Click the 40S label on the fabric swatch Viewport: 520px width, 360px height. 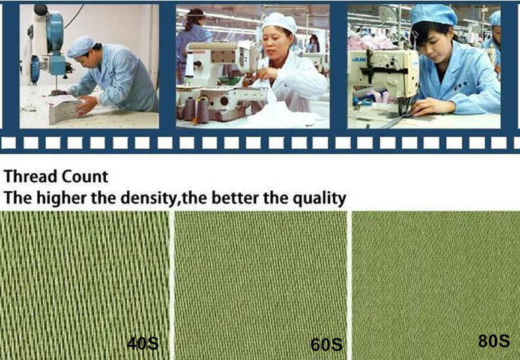[x=142, y=343]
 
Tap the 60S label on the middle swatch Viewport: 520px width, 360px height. [x=326, y=345]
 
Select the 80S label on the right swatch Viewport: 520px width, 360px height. [x=494, y=341]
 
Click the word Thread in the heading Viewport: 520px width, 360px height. [x=31, y=176]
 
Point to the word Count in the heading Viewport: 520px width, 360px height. [x=85, y=176]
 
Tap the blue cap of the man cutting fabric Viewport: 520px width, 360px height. [x=81, y=46]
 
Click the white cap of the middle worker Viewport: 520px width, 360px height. [x=280, y=22]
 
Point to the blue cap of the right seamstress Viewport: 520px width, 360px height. [x=433, y=15]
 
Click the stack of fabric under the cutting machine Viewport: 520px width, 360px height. [x=65, y=109]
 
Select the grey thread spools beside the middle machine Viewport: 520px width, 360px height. [x=196, y=110]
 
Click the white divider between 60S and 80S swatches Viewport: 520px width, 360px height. [x=349, y=286]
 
